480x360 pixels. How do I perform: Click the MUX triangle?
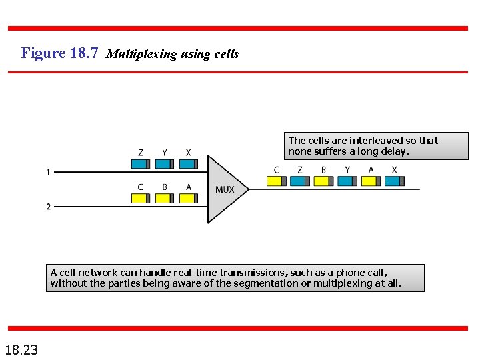coord(223,189)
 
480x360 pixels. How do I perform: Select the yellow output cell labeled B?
coord(323,181)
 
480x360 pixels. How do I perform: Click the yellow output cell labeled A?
coord(371,181)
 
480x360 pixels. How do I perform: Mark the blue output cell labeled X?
coord(394,181)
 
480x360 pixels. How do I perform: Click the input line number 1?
coord(48,173)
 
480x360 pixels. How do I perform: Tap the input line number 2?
coord(48,207)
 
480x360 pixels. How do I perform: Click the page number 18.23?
coord(21,349)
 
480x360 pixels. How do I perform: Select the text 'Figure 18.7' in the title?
coord(61,53)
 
